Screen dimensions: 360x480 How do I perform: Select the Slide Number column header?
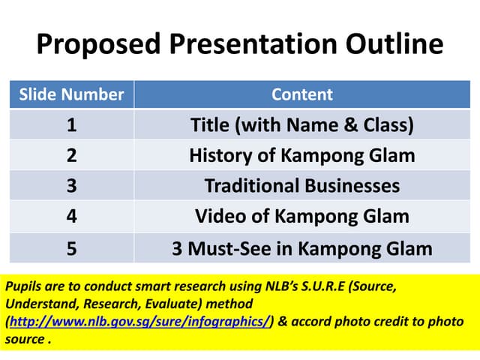pyautogui.click(x=71, y=94)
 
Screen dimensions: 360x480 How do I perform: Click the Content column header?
pyautogui.click(x=301, y=94)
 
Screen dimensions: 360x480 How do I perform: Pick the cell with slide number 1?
pyautogui.click(x=71, y=124)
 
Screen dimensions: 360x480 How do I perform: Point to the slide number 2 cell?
pyautogui.click(x=71, y=155)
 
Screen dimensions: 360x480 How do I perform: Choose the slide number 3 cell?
pyautogui.click(x=71, y=185)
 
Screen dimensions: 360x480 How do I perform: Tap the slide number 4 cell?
pyautogui.click(x=71, y=216)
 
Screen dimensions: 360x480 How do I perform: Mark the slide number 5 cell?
pyautogui.click(x=71, y=247)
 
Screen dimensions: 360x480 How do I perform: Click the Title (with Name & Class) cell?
pyautogui.click(x=301, y=124)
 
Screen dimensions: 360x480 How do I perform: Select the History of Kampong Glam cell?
pyautogui.click(x=301, y=155)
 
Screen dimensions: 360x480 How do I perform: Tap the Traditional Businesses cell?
pyautogui.click(x=301, y=185)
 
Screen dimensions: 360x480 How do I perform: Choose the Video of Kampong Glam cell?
pyautogui.click(x=301, y=216)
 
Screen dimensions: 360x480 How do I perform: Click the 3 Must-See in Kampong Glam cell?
pyautogui.click(x=301, y=247)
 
